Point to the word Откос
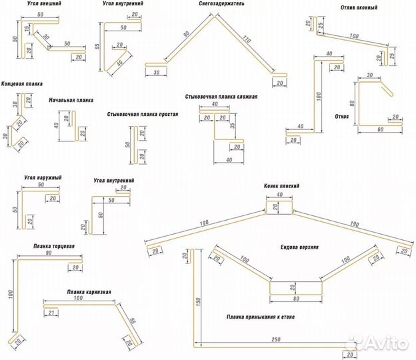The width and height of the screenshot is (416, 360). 343,116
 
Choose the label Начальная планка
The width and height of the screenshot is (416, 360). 71,101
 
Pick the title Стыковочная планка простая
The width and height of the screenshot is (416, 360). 142,115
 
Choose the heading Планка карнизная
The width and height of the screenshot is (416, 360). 89,292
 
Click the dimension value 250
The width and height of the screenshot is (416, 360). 275,339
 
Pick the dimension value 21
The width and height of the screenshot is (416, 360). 51,312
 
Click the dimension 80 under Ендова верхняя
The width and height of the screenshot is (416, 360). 295,299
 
